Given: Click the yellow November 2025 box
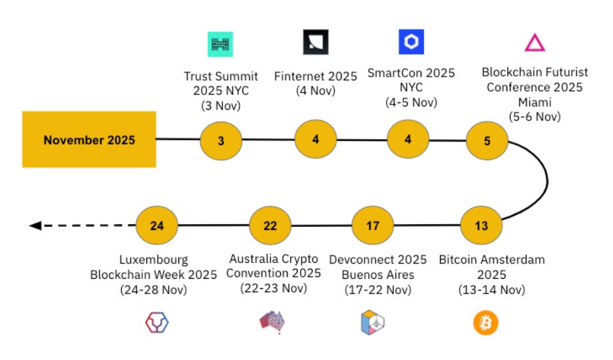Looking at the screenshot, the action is coord(89,140).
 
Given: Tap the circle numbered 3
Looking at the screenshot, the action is coord(221,140).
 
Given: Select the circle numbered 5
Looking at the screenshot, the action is coord(487,140).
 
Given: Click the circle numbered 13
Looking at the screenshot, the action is coord(481,226).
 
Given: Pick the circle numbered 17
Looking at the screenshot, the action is coord(373,226).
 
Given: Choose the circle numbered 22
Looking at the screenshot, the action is coord(270,226).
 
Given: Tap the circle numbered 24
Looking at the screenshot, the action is coord(157,226).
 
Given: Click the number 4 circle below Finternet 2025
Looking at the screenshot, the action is coord(315,139).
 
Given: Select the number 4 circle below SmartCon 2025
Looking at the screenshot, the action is coord(408,139).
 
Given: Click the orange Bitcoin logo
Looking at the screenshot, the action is coord(486,323).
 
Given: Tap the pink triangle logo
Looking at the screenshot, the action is coord(534,43).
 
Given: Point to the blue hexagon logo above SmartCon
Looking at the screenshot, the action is coord(411,42).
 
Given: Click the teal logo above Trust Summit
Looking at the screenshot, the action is coord(220,44).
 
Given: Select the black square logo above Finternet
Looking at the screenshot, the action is coord(316,42).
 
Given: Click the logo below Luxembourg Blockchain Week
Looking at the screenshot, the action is coord(157,323).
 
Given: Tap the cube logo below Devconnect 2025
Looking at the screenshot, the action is coord(373,323).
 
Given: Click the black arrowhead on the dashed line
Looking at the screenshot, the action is coord(35,226).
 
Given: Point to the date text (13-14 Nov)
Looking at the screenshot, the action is coord(492,289).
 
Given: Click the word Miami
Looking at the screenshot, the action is coord(535,102).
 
